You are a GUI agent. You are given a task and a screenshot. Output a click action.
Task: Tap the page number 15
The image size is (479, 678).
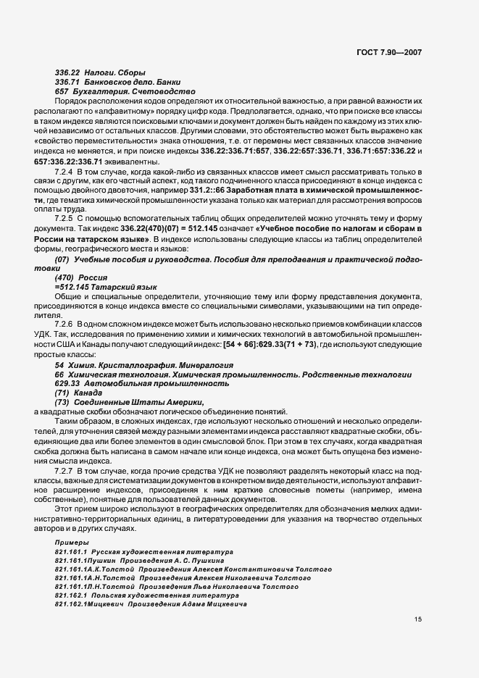tap(418, 619)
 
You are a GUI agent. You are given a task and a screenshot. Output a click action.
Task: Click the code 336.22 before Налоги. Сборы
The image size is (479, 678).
tap(67, 72)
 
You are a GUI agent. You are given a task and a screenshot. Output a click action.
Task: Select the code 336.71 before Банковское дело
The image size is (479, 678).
tap(67, 82)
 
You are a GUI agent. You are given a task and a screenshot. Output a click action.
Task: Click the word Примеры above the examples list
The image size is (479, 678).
tap(69, 542)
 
